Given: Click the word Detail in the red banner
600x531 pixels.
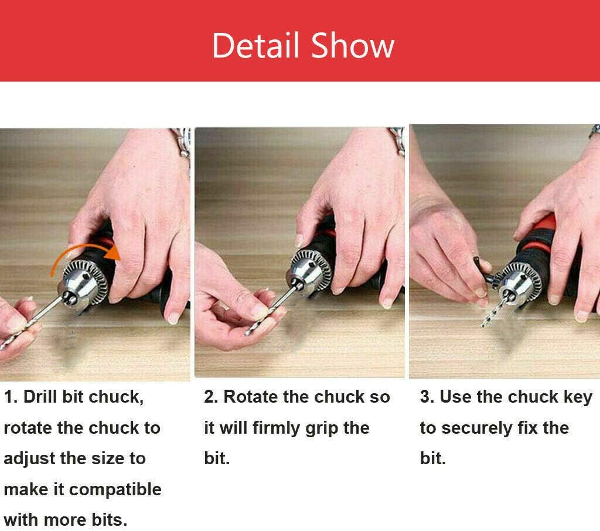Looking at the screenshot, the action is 255,46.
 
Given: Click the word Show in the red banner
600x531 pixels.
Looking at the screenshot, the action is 352,46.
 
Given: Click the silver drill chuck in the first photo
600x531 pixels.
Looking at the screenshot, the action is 83,282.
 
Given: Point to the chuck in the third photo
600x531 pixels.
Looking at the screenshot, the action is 521,281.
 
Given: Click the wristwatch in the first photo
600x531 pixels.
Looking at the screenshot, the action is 183,144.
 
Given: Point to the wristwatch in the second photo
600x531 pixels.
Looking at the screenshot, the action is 397,139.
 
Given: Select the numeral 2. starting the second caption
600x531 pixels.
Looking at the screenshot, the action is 211,397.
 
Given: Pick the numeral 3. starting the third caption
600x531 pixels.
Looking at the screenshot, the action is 427,397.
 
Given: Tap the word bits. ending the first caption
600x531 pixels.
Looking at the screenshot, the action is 109,520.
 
